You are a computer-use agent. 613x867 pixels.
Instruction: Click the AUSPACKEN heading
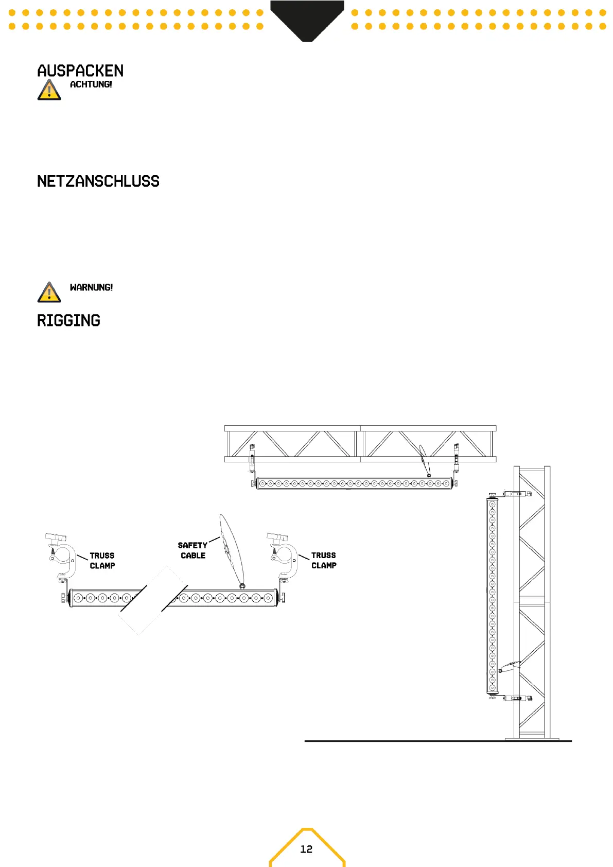[x=80, y=71]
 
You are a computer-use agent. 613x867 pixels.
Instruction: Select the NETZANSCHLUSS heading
[x=98, y=181]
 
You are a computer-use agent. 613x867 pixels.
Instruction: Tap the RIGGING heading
[x=68, y=321]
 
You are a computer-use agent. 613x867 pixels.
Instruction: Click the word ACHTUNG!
[x=91, y=84]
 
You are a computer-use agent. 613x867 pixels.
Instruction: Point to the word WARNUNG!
[x=91, y=287]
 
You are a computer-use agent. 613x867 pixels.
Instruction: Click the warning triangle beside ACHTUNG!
[x=49, y=90]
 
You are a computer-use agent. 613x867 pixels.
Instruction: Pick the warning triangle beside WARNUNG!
[x=49, y=292]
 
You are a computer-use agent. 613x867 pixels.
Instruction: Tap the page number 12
[x=306, y=849]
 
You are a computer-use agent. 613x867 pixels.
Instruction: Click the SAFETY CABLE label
[x=192, y=550]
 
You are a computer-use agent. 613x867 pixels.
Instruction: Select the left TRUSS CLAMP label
[x=102, y=561]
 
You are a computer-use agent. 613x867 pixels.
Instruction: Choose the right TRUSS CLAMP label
[x=324, y=560]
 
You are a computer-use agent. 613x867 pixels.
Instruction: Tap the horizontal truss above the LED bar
[x=360, y=443]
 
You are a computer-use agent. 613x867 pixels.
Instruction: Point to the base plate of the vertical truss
[x=532, y=739]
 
